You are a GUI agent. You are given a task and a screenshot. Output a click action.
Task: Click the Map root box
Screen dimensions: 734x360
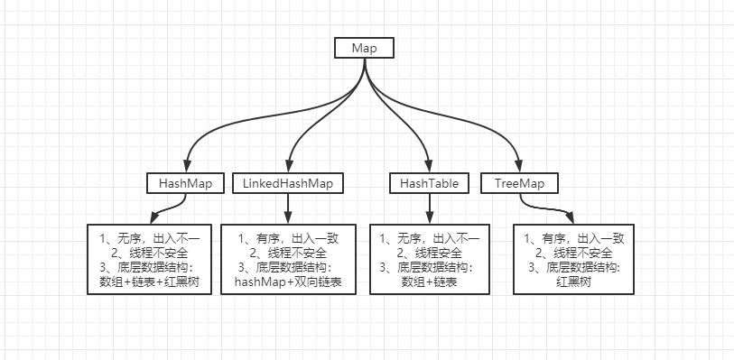(364, 48)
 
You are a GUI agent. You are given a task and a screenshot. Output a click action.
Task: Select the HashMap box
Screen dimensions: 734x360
(185, 183)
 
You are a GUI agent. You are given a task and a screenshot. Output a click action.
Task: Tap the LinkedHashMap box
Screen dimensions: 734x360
(288, 183)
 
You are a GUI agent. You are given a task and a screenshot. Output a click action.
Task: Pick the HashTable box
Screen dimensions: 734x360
(429, 183)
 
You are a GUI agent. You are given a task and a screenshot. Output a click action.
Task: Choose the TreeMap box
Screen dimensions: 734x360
(520, 183)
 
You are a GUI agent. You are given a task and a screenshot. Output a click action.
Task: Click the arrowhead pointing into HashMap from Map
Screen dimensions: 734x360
(187, 166)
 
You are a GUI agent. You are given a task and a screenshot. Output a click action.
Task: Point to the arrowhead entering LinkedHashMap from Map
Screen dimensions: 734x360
(288, 166)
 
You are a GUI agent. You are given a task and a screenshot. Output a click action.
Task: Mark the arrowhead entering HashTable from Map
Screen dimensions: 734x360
(429, 166)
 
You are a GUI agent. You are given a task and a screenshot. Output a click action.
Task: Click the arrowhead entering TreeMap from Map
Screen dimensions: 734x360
(519, 166)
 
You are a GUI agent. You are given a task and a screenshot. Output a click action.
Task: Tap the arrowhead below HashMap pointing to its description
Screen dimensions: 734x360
(155, 218)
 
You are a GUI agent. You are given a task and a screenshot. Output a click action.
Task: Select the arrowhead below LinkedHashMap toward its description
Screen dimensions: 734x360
(288, 217)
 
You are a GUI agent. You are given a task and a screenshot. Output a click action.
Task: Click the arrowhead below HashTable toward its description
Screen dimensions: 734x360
(429, 217)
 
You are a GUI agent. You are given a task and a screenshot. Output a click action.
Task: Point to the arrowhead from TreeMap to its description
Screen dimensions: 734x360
(569, 217)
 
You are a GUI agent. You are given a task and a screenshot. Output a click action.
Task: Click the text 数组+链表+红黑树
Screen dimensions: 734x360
(149, 282)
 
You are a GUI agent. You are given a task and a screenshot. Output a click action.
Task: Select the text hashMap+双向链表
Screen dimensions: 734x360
(288, 282)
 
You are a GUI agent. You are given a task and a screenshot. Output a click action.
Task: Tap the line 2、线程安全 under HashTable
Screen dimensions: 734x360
(429, 253)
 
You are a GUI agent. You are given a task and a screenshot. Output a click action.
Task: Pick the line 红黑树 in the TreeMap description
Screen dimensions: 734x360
(573, 282)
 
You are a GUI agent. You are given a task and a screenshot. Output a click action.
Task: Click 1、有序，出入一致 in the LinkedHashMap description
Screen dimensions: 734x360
(288, 238)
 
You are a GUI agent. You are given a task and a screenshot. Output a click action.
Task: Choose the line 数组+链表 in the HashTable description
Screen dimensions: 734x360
(429, 282)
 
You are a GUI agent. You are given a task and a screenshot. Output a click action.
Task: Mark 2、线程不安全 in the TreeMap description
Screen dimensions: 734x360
(573, 253)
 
